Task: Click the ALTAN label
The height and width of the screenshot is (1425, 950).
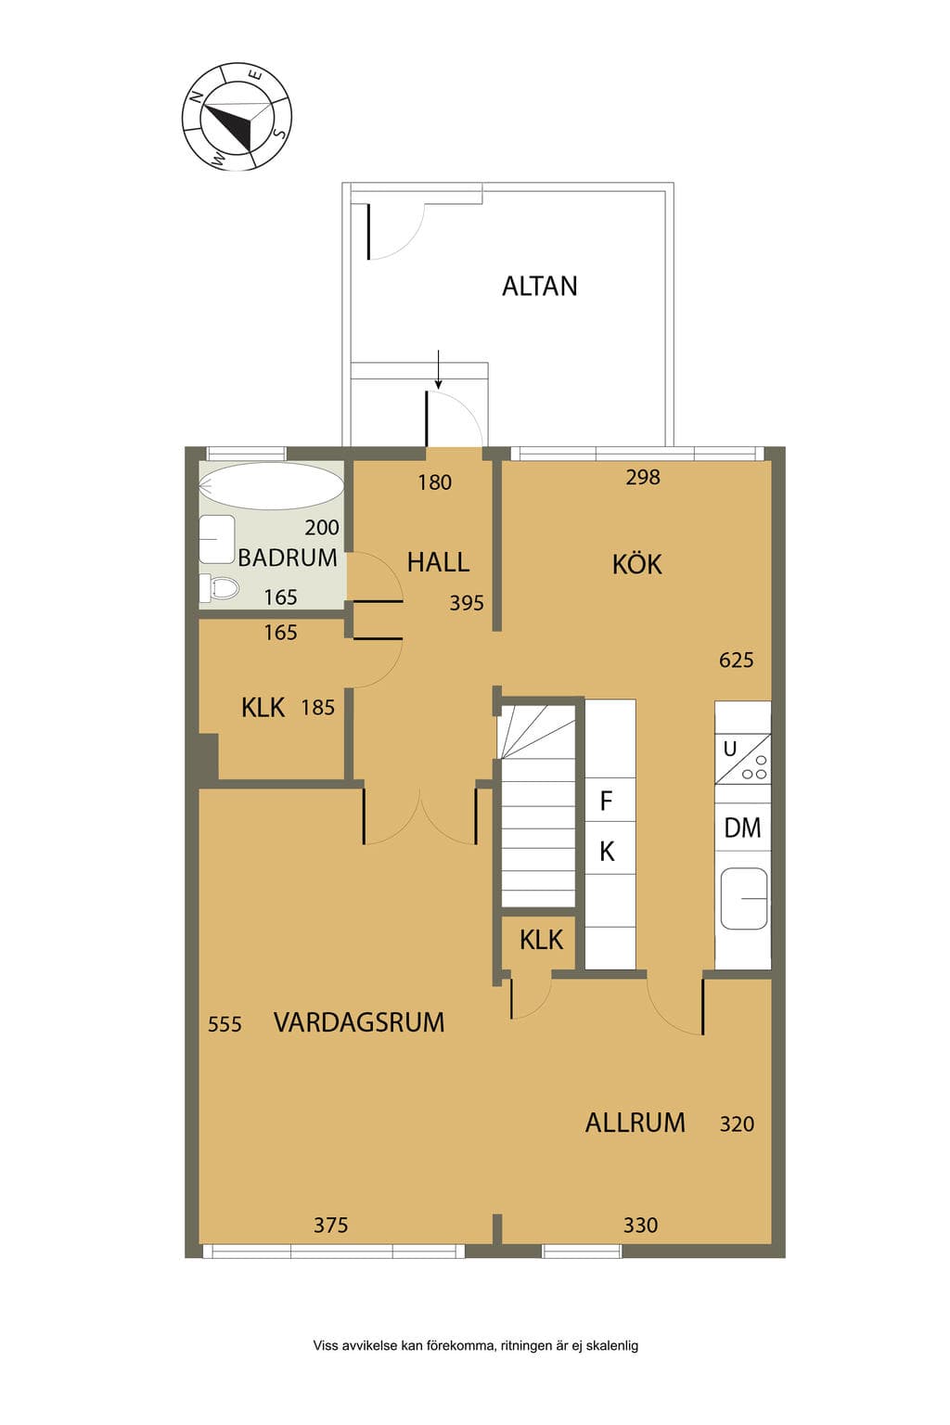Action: coord(539,287)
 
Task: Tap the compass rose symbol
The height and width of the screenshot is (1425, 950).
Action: coord(237,116)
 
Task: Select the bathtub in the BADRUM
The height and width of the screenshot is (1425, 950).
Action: coord(272,486)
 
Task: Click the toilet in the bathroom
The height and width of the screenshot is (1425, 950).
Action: coord(219,587)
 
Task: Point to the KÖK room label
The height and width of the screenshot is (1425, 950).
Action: coord(637,564)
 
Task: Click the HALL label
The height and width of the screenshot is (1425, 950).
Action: coord(438,562)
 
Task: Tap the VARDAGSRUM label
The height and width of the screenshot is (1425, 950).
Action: coord(359,1022)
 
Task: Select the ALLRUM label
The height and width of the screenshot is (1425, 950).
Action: coord(635,1123)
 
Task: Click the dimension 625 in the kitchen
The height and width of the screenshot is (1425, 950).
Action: coord(737,661)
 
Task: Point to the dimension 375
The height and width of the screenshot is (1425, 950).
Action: coord(331,1225)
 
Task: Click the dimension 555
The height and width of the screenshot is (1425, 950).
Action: coord(225,1024)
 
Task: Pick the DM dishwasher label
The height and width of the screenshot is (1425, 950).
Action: coord(742,828)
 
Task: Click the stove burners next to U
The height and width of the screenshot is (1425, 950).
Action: coord(754,768)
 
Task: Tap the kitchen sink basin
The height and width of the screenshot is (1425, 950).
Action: coord(743,898)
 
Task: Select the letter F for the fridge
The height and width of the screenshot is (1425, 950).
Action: coord(607,801)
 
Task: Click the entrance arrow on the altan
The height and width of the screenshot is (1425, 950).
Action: coord(438,369)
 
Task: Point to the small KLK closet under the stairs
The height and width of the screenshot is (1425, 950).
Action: coord(541,940)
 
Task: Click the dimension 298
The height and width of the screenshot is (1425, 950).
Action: coord(643,477)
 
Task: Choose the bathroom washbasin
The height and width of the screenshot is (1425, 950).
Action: coord(217,539)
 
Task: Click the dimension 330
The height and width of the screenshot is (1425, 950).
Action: coord(640,1225)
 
